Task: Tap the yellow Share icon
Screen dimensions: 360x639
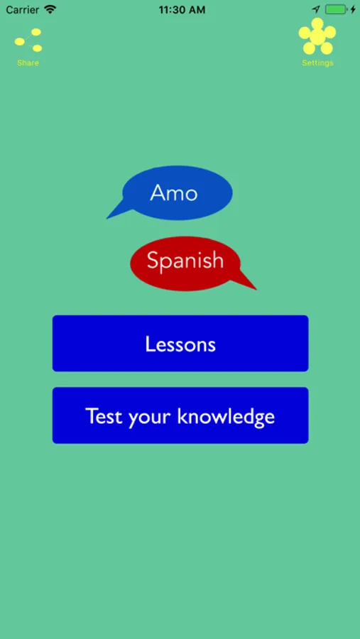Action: [x=28, y=40]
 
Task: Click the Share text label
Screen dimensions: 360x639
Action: [x=28, y=62]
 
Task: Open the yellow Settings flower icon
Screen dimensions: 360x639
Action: [x=317, y=36]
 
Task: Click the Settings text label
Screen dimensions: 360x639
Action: [x=317, y=62]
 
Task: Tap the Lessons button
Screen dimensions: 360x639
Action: [x=180, y=343]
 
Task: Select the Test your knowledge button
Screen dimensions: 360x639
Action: [x=180, y=415]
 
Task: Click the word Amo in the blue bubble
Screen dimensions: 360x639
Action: [x=174, y=192]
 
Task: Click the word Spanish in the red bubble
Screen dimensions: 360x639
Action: [x=185, y=261]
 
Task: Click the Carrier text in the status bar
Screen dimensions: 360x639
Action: [x=23, y=10]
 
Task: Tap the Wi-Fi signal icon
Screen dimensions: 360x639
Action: [x=50, y=9]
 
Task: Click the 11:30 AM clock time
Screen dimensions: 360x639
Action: [x=182, y=10]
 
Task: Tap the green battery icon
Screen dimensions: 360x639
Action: [x=336, y=9]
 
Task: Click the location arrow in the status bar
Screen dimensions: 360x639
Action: [x=317, y=9]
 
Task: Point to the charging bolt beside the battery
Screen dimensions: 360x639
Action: [x=353, y=9]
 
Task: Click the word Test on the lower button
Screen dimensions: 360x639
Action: [x=104, y=416]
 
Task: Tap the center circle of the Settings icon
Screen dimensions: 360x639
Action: [x=317, y=37]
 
